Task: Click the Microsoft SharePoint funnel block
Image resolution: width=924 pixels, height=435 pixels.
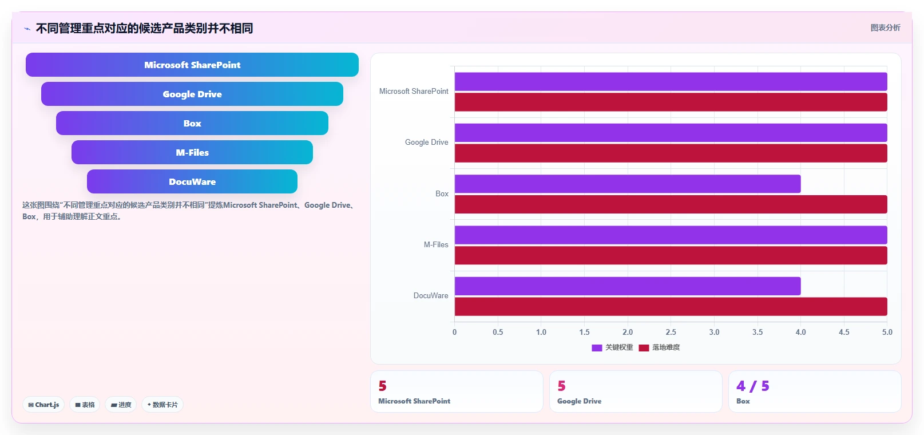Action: coord(192,65)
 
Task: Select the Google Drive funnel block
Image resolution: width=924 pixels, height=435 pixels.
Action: coord(192,94)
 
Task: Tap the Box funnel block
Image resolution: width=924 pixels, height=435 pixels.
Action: coord(192,123)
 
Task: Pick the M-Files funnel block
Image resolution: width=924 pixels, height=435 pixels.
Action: coord(192,152)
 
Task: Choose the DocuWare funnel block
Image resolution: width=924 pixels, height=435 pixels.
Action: coord(192,181)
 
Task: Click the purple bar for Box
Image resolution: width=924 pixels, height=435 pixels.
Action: coord(628,184)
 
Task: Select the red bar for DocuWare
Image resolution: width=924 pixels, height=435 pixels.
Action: coord(671,307)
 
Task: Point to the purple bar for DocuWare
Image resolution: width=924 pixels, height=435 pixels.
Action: coord(628,286)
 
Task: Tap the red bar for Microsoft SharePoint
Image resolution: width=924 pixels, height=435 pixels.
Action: coord(671,102)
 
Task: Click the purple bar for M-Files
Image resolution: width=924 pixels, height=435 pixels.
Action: coord(671,235)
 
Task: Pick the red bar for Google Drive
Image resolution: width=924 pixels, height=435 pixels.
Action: coord(671,153)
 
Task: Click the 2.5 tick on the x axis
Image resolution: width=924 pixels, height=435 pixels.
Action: coord(671,332)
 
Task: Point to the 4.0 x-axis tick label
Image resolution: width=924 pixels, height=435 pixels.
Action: coord(800,332)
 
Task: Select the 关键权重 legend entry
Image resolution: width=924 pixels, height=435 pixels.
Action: coord(612,347)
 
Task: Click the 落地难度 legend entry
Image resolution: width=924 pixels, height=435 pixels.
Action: coord(659,347)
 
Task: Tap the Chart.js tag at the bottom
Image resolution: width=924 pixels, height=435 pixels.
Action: coord(43,405)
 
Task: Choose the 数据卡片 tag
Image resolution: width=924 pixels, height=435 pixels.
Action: coord(162,405)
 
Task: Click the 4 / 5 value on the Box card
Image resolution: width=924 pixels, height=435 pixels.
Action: coord(753,386)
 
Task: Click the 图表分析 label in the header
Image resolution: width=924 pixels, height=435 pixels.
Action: coord(885,27)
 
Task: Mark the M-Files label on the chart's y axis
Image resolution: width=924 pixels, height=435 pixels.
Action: coord(436,245)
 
